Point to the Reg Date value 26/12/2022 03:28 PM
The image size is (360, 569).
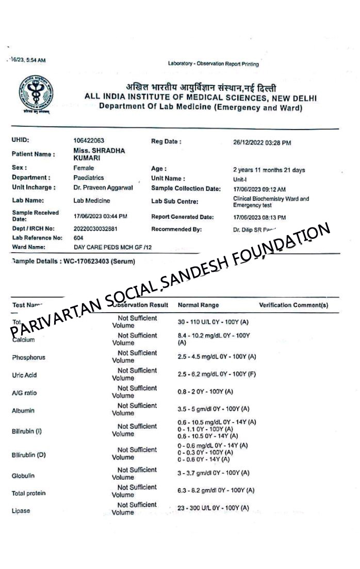262,142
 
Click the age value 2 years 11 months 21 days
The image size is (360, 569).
269,169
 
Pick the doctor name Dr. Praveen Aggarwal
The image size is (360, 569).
103,188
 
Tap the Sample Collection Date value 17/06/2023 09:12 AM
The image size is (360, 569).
259,189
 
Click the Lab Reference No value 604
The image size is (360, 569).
78,238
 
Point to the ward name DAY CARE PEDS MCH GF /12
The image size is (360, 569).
112,248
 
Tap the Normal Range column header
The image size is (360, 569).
198,305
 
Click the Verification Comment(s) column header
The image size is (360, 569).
293,305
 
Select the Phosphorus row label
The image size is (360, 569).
28,357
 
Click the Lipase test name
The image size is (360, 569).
21,511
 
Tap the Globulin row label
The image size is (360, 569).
23,476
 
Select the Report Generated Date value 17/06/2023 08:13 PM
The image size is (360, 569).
259,218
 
